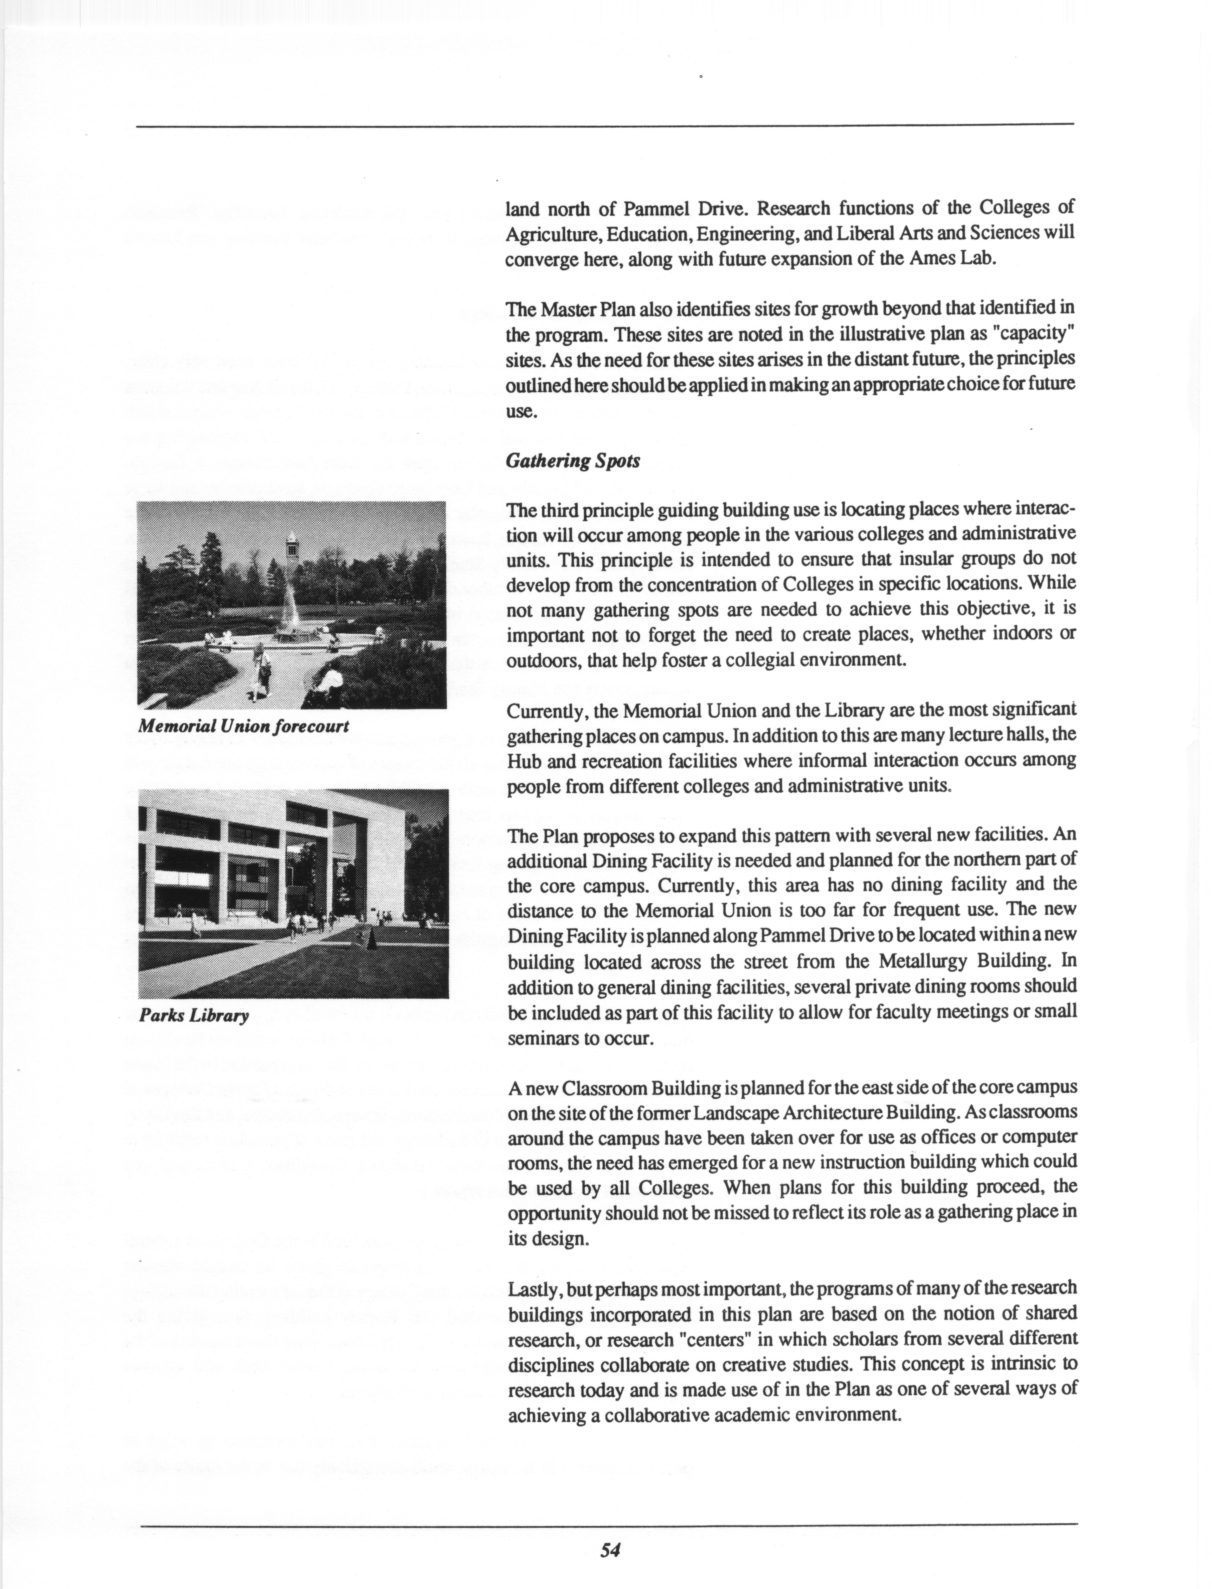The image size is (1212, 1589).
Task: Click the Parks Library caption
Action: [x=193, y=1016]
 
